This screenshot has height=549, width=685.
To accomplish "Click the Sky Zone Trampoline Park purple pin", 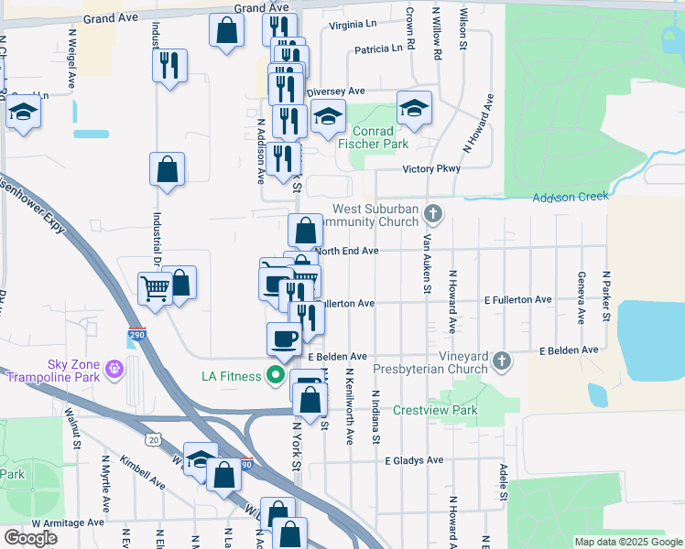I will pos(114,368).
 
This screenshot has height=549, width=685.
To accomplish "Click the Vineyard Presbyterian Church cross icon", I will pos(501,361).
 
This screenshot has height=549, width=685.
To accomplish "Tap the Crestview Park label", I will pos(435,411).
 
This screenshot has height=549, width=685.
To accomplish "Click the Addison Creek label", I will pos(571,197).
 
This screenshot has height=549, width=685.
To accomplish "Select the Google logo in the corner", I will pos(30,537).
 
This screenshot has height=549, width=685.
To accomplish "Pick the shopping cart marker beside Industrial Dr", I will pos(155,289).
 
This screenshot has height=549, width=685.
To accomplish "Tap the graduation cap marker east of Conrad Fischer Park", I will pos(414,108).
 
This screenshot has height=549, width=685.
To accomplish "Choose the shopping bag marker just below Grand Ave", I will pos(225,30).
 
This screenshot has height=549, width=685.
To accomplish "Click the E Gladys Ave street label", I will pos(413,460).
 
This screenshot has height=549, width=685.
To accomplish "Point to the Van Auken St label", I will pos(427,264).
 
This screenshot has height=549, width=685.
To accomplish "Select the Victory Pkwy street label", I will pos(430,169).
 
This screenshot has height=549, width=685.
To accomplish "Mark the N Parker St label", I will pos(605,296).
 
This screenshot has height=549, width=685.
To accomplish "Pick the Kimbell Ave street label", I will pos(140,470).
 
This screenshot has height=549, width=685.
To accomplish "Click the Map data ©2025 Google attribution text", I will pos(628,542).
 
